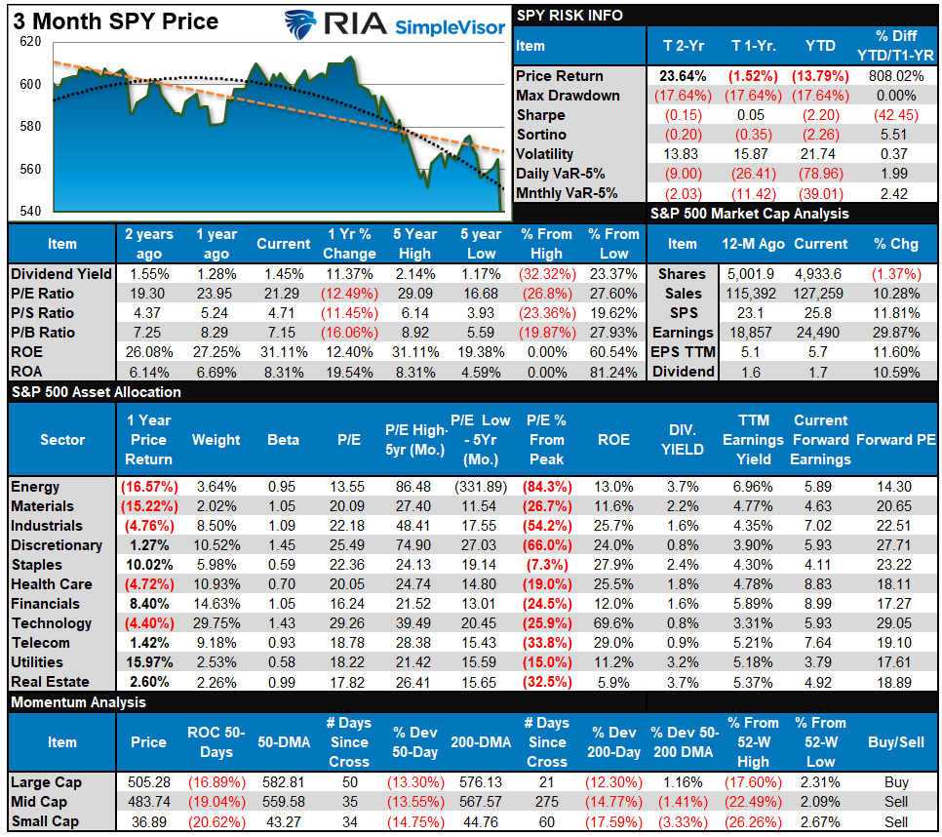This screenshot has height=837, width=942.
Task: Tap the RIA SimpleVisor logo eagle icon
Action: click(x=304, y=23)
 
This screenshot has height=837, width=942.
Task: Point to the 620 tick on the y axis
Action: click(x=30, y=43)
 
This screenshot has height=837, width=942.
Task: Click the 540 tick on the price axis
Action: click(x=30, y=212)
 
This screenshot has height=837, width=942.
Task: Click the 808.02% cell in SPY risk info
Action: click(x=896, y=76)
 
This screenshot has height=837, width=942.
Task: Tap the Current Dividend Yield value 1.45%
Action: click(x=283, y=274)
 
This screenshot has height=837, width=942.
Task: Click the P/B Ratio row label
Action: click(x=42, y=333)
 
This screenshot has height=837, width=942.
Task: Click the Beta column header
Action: click(x=283, y=440)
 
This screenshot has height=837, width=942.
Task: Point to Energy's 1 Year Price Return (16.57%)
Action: click(x=149, y=487)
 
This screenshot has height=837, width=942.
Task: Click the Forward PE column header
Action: click(x=896, y=440)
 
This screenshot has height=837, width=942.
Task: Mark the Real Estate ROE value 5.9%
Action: click(x=613, y=682)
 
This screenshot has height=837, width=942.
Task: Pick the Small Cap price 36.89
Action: click(x=149, y=821)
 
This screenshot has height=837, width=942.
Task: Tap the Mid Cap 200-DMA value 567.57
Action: click(x=481, y=802)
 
